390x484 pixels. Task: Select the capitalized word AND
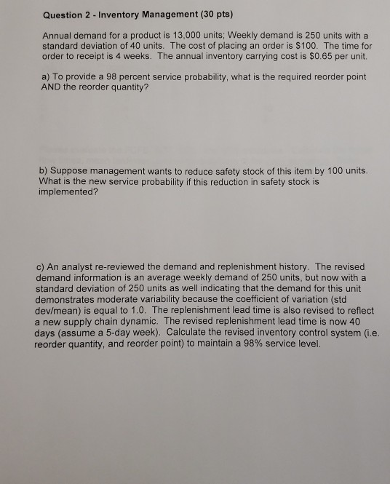click(x=52, y=87)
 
